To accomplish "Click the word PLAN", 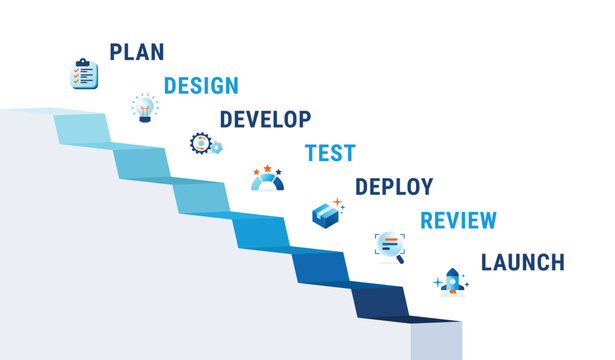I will click(136, 51).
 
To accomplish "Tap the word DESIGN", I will click(201, 86).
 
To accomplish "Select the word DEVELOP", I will click(265, 119).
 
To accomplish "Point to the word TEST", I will click(330, 153).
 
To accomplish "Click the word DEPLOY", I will click(394, 187).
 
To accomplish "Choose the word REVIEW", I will click(458, 221).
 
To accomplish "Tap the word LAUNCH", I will click(522, 262).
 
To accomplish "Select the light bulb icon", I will click(145, 107).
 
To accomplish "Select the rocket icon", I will click(451, 282).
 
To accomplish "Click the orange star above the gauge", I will click(267, 168).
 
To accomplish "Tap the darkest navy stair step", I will click(380, 299).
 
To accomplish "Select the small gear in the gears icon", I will click(216, 148).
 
